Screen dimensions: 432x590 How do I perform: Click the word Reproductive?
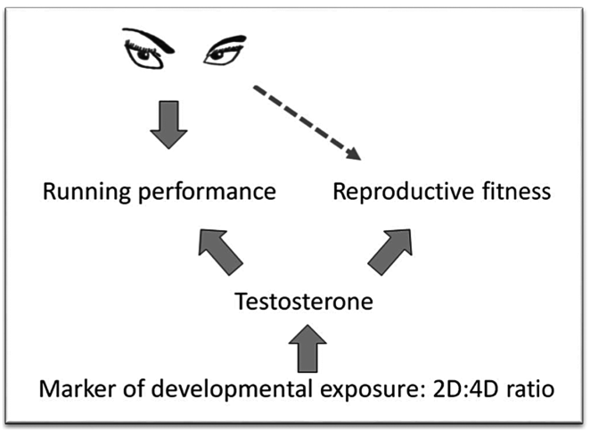(x=387, y=191)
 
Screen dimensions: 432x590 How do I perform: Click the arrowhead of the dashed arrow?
(x=354, y=154)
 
